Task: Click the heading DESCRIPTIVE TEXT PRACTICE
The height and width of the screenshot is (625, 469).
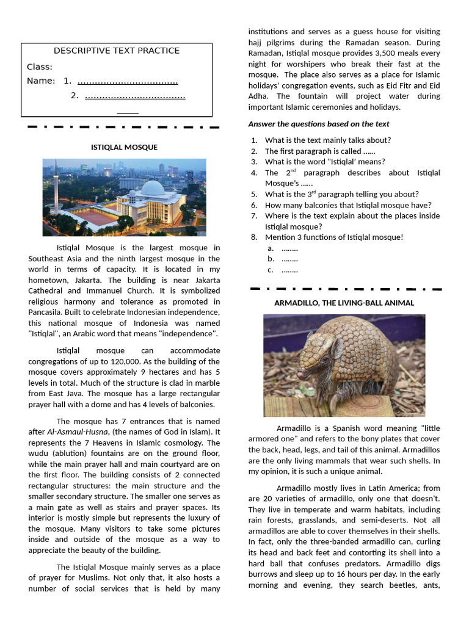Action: pos(117,51)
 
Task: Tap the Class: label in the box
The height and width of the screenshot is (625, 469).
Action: pos(40,67)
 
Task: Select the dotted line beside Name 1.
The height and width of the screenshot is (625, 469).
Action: pos(128,81)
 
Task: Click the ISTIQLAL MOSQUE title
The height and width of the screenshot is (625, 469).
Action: pos(124,147)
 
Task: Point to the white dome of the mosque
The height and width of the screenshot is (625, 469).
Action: pos(152,187)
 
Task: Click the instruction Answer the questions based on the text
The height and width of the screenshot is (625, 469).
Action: pos(318,124)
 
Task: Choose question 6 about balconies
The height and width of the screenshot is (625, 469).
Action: pos(347,205)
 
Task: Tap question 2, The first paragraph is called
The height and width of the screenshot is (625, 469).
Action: pos(320,151)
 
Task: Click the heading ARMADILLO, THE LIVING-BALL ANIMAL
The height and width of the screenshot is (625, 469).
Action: pos(344,303)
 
